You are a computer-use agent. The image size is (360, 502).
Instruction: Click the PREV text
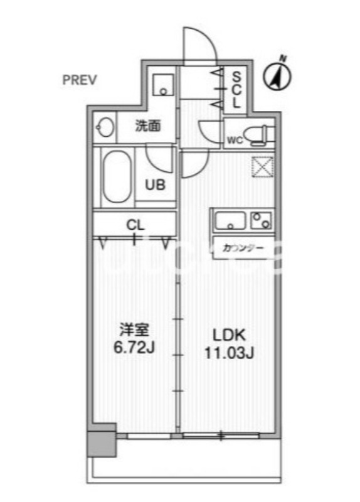coord(79,80)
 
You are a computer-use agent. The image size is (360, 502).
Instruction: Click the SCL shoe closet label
coord(236,90)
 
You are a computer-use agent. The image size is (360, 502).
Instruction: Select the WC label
coord(234,139)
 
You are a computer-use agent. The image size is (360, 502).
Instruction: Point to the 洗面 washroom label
coord(148,125)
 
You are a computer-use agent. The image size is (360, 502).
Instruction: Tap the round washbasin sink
coord(105,128)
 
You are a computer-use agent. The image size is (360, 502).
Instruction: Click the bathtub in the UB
coord(117,176)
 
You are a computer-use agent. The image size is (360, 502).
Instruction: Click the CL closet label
coord(135,224)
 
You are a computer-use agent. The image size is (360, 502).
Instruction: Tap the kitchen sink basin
coord(230,221)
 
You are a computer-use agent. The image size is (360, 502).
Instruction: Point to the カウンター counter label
coord(239,248)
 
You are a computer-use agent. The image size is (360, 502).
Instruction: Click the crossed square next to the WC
coord(261,167)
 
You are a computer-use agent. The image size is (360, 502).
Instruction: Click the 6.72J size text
coord(135,346)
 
